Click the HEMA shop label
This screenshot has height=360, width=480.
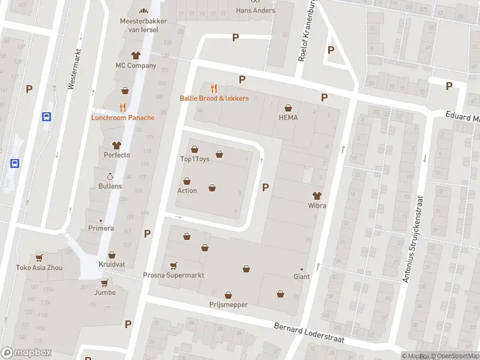point(288,118)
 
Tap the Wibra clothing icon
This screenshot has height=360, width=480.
point(317,195)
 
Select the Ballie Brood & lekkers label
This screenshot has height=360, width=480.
point(214,98)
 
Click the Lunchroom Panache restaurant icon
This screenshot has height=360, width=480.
point(122,107)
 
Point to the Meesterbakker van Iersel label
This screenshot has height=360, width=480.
point(143,25)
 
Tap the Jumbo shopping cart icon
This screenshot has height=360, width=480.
point(104,283)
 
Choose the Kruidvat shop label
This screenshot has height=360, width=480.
point(111,264)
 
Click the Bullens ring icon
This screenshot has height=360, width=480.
point(110,176)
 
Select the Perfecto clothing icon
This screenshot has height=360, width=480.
point(116,145)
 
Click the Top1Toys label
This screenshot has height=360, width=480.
point(194,160)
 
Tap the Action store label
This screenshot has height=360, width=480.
point(187,191)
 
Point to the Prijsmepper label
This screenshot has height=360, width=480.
point(228,305)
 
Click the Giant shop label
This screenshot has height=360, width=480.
point(301,277)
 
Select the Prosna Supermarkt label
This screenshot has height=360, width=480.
point(173,275)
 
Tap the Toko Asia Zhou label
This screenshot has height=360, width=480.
point(38,268)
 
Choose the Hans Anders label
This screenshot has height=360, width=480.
point(256,10)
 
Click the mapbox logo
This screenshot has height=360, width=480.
point(26,353)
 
